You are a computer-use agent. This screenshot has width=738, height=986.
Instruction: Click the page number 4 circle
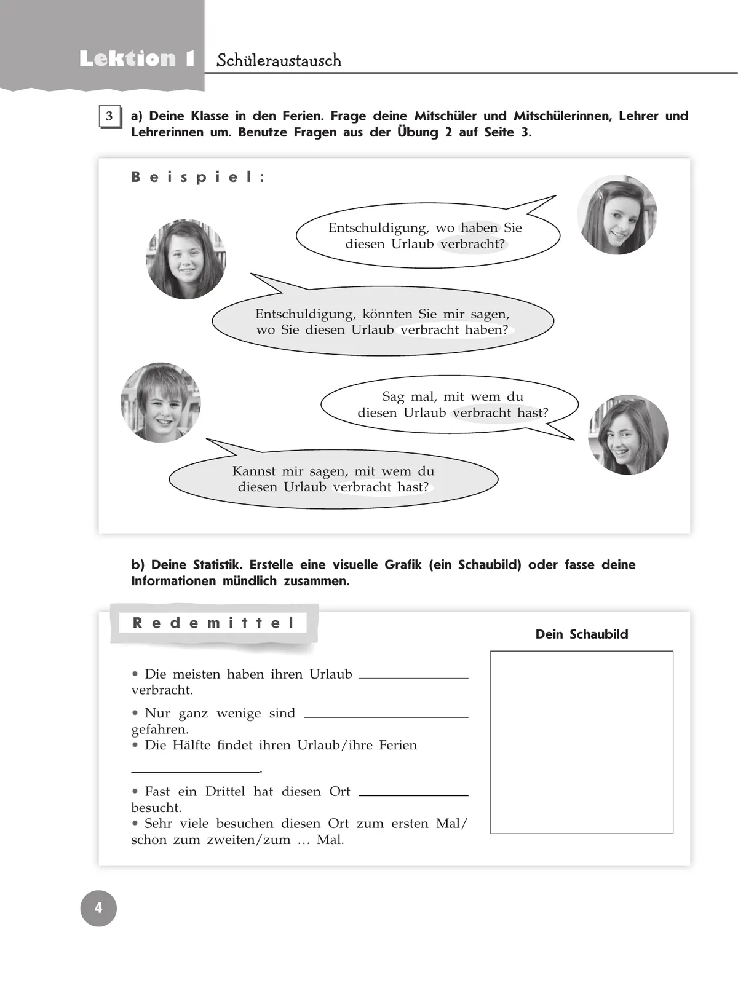coord(98,908)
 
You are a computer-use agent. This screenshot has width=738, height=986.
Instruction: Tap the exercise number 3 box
coord(109,117)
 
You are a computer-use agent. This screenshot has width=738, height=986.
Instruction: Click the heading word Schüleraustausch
coord(279,60)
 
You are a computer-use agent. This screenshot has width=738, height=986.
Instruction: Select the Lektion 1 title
coord(137,59)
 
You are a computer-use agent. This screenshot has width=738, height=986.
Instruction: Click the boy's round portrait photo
coord(161,403)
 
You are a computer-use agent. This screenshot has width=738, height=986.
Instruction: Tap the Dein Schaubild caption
coord(582,634)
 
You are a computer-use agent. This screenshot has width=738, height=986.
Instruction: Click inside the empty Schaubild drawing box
coord(582,742)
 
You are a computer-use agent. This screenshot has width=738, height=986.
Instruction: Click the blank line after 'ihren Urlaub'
coord(413,676)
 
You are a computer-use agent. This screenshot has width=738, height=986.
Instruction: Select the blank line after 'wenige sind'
coord(386,716)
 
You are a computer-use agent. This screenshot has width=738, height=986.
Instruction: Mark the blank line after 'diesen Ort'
coord(413,794)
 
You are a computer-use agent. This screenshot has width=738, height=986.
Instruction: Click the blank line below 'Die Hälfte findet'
coord(195,770)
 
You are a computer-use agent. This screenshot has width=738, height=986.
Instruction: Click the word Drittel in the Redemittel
coord(225,792)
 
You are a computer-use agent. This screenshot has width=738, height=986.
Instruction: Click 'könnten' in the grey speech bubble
coord(387,314)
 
